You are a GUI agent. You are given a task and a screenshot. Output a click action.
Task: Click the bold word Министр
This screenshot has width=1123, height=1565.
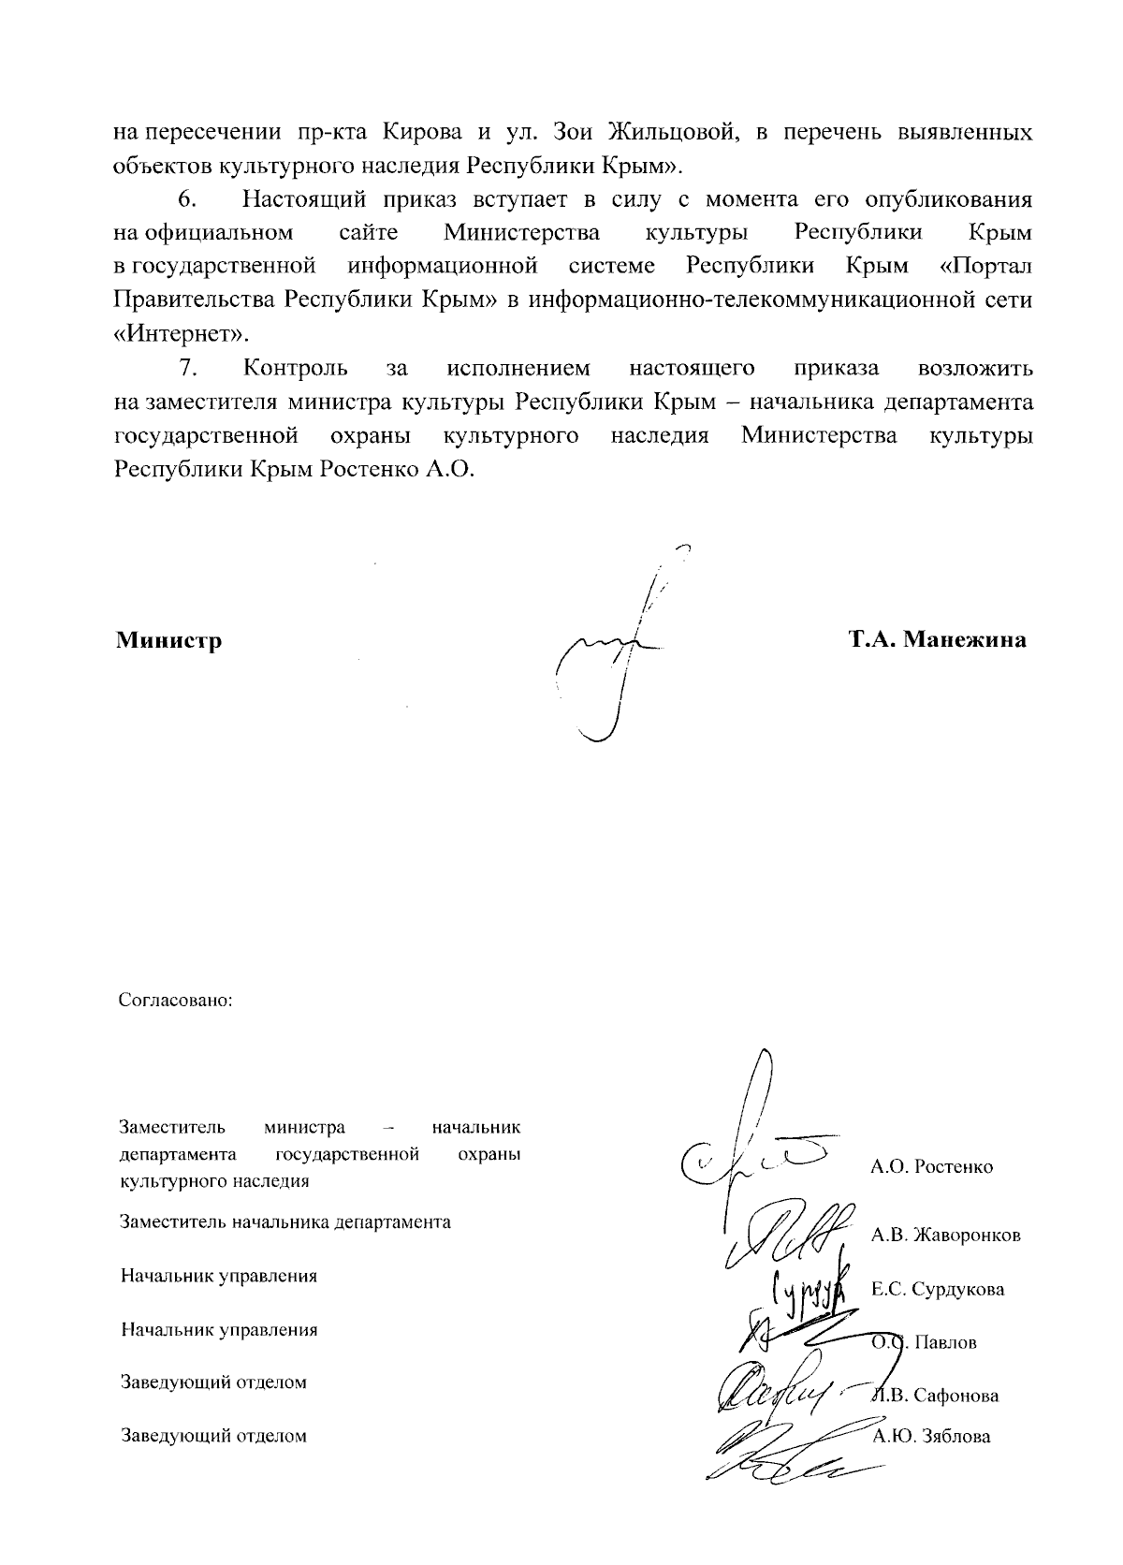tap(168, 641)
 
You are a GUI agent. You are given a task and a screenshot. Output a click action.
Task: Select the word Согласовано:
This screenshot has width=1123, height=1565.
tap(175, 1000)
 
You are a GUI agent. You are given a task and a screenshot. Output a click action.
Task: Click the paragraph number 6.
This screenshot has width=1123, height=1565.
tap(185, 199)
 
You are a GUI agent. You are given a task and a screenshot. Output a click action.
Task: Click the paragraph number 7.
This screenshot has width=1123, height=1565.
tap(185, 368)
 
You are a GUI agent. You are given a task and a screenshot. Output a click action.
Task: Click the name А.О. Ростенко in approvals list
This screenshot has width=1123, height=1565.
tap(931, 1166)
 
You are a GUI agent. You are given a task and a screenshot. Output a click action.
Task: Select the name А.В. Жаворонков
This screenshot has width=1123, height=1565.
tap(945, 1235)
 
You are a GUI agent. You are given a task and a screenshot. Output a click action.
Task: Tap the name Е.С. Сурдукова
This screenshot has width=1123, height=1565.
tap(938, 1289)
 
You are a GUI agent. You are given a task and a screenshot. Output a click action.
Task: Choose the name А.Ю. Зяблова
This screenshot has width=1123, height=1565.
tap(931, 1436)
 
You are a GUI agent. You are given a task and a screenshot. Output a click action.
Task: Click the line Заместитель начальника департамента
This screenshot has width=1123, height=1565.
tap(285, 1221)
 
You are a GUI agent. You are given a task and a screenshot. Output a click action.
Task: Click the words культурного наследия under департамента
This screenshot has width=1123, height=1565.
tap(214, 1181)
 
